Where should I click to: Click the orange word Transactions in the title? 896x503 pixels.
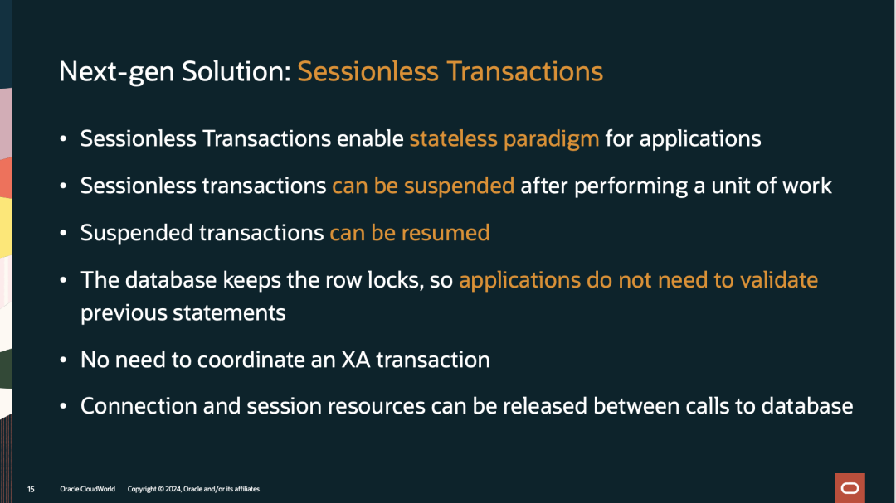click(x=524, y=71)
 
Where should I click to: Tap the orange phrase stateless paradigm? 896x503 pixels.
click(x=504, y=139)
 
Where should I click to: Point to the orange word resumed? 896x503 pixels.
click(x=446, y=233)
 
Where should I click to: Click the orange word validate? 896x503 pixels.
click(x=779, y=280)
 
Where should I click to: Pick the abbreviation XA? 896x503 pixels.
click(x=355, y=360)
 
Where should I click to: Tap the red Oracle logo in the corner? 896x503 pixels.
click(x=850, y=488)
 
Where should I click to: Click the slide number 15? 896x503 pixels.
click(x=31, y=489)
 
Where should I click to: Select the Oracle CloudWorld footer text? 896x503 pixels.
click(x=87, y=489)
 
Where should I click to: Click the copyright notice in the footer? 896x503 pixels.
click(x=193, y=489)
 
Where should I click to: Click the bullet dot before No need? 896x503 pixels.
click(x=63, y=360)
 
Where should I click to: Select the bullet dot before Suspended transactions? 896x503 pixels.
click(x=63, y=233)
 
